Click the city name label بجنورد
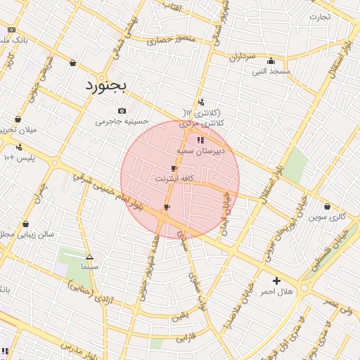105,86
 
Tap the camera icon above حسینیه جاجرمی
122,110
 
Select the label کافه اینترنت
174,179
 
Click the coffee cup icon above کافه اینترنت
174,169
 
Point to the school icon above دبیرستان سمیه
201,140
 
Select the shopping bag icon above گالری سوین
327,207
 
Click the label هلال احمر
276,291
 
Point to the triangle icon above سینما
89,257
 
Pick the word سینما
89,267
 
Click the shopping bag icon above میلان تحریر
18,120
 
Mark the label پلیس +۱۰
19,158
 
